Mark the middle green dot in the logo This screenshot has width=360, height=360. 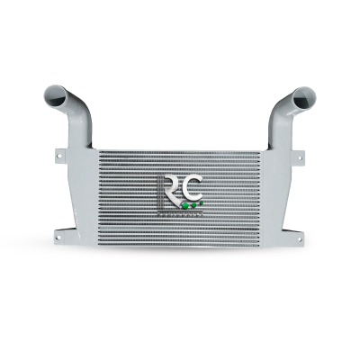point(195,205)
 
